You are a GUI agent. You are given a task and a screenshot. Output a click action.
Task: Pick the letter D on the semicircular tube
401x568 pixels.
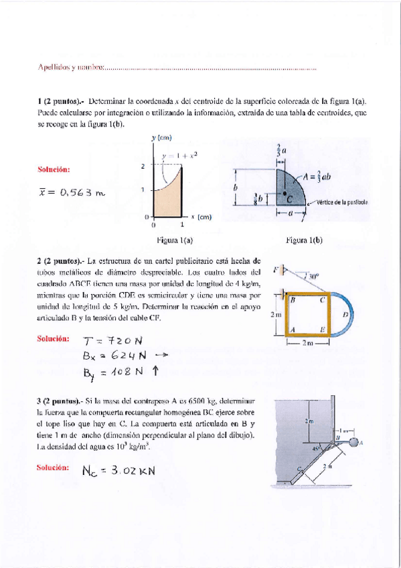click(x=345, y=313)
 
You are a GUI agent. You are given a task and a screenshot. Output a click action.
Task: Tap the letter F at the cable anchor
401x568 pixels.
click(x=275, y=271)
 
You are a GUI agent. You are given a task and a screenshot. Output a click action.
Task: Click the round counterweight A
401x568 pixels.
click(x=354, y=441)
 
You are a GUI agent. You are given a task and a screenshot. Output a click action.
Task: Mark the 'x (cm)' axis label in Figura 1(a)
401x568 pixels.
click(x=202, y=217)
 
